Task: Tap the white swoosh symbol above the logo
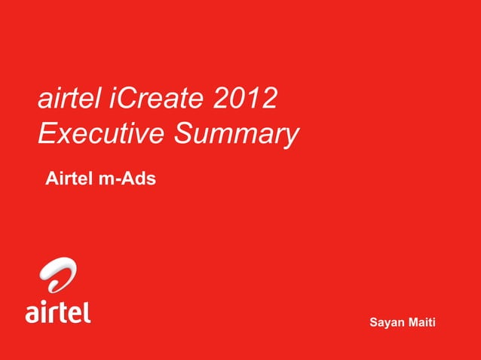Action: coord(58,274)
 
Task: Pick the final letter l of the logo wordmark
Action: coord(87,310)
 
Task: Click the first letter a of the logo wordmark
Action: coord(34,313)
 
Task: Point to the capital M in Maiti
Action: coord(414,322)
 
